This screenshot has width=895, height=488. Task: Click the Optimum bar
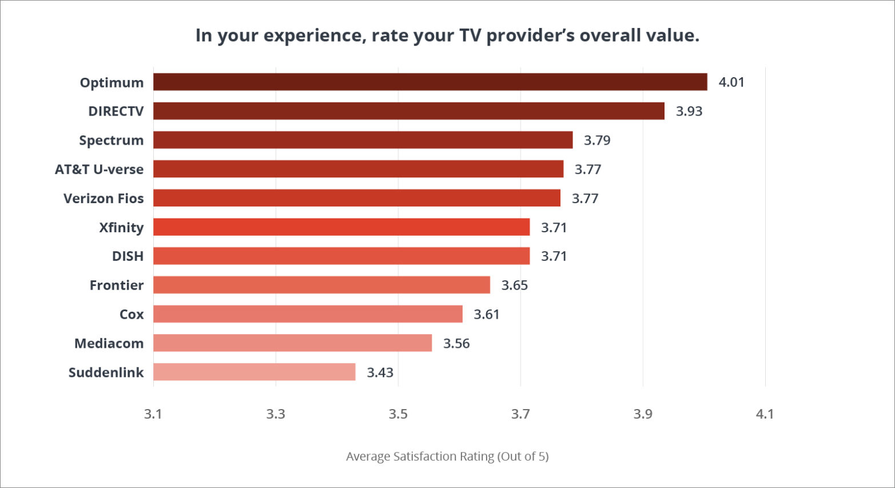[430, 82]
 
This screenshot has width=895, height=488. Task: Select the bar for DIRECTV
[409, 111]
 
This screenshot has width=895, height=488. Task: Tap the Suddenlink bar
[254, 372]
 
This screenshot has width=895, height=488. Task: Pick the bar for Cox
[308, 314]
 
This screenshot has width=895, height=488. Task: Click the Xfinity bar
[341, 227]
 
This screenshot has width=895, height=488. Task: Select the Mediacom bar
[292, 343]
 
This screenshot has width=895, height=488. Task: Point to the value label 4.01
[731, 82]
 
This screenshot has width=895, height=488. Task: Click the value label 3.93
[689, 112]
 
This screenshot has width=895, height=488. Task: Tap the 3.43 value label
[380, 372]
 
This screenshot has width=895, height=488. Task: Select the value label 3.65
[514, 285]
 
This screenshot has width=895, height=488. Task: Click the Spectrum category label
[111, 141]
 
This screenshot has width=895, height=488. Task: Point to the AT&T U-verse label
[99, 169]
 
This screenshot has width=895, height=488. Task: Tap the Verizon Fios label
[104, 199]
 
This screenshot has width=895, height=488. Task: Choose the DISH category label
[128, 256]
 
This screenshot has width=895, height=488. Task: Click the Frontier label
[117, 285]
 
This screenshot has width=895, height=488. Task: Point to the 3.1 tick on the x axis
[153, 414]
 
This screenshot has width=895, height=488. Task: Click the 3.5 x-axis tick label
[398, 414]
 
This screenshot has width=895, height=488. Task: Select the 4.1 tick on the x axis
[765, 414]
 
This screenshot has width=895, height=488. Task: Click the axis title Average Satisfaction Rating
[447, 457]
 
